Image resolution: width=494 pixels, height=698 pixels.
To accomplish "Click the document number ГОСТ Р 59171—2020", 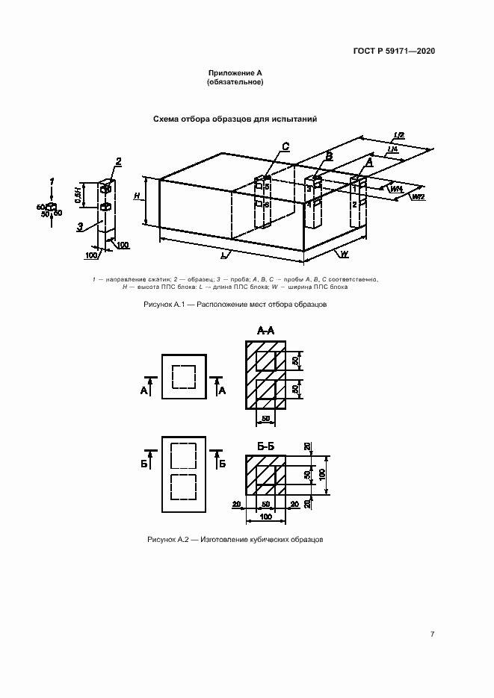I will pyautogui.click(x=394, y=51).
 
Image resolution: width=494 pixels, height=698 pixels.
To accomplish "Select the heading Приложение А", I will pyautogui.click(x=235, y=72).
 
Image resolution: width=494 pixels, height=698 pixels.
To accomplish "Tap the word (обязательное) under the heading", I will pyautogui.click(x=235, y=81).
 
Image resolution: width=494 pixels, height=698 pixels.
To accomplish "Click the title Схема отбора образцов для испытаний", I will pyautogui.click(x=235, y=119).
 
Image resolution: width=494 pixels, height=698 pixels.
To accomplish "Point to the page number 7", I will pyautogui.click(x=432, y=634).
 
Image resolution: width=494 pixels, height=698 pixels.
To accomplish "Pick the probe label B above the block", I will pyautogui.click(x=328, y=155).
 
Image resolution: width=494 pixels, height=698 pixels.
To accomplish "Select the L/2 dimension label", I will pyautogui.click(x=399, y=135).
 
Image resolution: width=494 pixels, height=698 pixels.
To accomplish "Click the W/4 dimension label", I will pyautogui.click(x=396, y=190).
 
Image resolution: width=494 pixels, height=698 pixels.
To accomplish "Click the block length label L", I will pyautogui.click(x=223, y=255).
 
